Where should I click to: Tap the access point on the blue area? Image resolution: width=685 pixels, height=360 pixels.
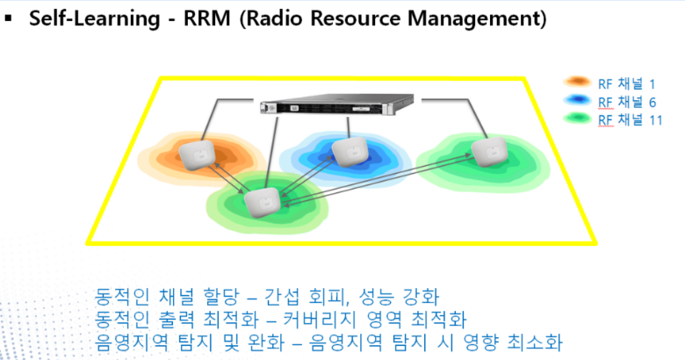point(349,151)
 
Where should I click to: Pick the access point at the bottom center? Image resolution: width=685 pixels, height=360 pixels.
point(261,203)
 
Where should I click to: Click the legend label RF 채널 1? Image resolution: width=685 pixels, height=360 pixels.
point(625,84)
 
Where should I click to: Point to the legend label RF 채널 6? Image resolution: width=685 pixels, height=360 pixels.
point(625,102)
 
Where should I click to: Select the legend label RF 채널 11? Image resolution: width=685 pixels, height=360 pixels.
point(629,119)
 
